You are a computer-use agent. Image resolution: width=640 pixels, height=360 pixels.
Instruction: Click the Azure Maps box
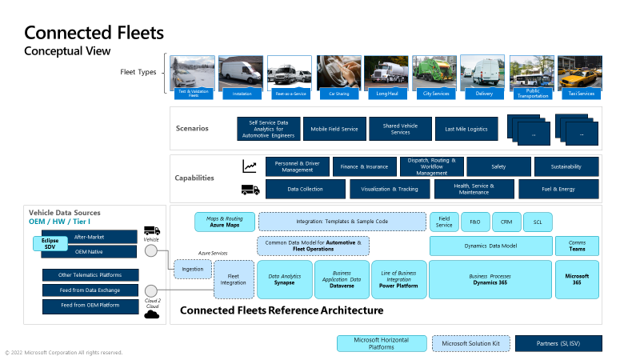click(224, 222)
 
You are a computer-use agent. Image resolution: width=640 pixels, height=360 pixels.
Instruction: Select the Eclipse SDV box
click(50, 244)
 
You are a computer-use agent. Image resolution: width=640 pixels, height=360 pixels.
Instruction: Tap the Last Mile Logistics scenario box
click(466, 129)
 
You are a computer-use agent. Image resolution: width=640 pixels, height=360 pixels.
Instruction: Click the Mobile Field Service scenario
click(334, 129)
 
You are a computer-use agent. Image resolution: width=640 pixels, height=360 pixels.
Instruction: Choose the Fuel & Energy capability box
click(558, 189)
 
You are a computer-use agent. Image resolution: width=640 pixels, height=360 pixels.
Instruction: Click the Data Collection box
click(305, 189)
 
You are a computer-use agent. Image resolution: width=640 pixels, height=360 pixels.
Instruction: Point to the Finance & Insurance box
click(364, 166)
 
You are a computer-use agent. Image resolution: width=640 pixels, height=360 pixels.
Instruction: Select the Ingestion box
click(192, 270)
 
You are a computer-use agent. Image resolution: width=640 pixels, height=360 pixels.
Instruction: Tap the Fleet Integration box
click(234, 279)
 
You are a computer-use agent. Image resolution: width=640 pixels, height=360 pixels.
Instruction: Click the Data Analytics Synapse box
click(284, 279)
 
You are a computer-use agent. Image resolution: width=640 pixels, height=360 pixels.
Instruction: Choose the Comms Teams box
click(577, 246)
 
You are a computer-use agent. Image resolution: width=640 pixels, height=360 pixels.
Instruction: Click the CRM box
click(506, 222)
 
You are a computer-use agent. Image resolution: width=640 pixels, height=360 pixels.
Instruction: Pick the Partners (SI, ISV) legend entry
click(558, 343)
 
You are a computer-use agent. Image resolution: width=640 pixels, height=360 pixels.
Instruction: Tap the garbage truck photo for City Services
click(435, 72)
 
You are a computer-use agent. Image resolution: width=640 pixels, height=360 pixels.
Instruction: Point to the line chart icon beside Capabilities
click(250, 166)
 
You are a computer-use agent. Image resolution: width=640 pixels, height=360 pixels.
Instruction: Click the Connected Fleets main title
click(94, 33)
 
